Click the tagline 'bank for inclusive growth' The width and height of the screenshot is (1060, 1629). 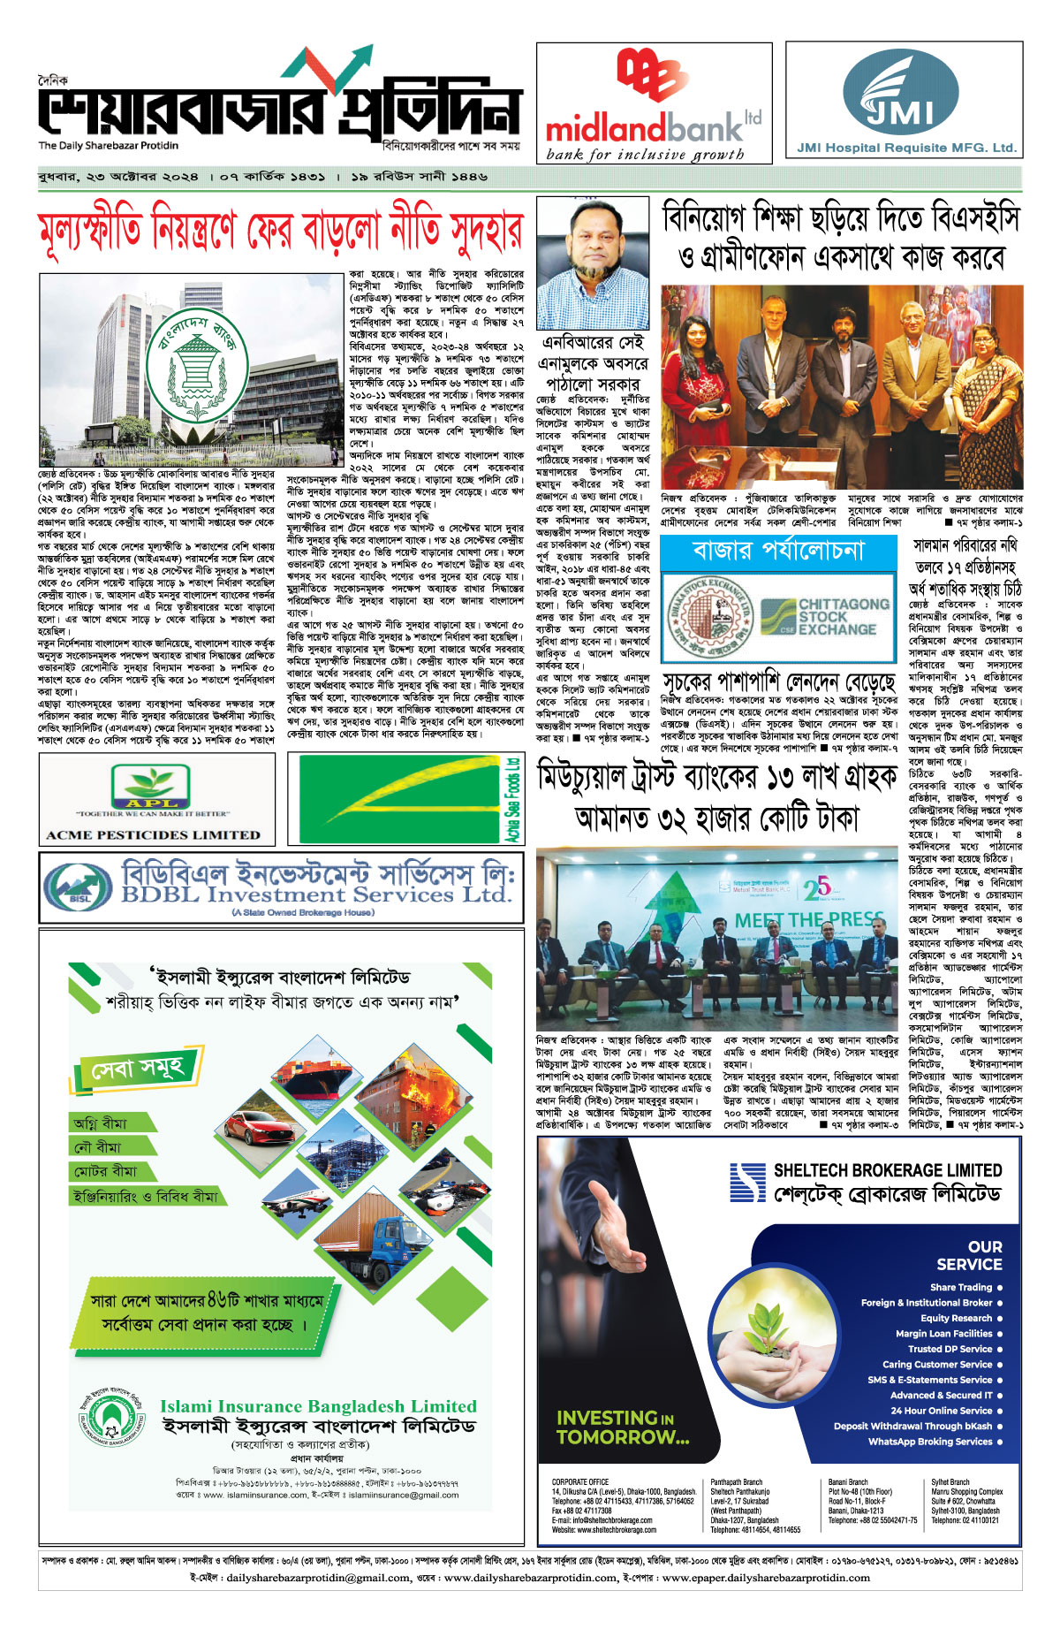tap(645, 155)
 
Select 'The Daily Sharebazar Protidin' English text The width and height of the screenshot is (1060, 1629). tap(108, 146)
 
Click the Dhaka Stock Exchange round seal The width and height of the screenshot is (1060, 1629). tap(707, 619)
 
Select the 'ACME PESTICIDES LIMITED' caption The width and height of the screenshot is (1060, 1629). tap(153, 834)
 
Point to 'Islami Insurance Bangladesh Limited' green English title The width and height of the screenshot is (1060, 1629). tap(318, 1405)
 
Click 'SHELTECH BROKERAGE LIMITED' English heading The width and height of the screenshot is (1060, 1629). tap(888, 1169)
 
